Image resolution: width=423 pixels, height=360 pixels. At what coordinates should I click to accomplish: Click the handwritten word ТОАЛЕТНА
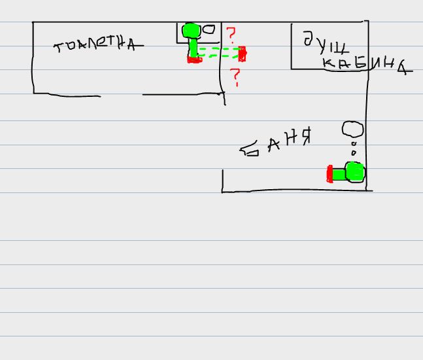[x=97, y=45]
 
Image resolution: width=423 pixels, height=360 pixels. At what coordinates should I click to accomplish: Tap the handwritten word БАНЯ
[x=275, y=143]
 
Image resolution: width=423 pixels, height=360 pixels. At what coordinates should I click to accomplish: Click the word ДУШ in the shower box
[x=324, y=43]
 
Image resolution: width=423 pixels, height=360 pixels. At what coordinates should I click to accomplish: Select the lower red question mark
[x=235, y=77]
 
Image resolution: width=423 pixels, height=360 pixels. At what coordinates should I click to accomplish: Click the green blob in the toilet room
[x=191, y=30]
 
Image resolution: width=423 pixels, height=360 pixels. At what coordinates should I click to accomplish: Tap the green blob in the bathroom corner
[x=354, y=172]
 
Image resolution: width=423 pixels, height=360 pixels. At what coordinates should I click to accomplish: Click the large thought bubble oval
[x=353, y=130]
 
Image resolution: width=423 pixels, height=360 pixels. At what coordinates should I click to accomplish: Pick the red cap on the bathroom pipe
[x=330, y=173]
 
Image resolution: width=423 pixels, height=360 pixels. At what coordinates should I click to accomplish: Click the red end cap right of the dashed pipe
[x=242, y=53]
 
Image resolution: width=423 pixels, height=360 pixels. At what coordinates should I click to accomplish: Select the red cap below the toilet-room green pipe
[x=194, y=60]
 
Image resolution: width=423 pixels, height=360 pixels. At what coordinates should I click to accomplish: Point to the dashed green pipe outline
[x=218, y=52]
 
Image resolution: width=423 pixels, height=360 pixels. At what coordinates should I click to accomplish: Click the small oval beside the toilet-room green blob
[x=208, y=29]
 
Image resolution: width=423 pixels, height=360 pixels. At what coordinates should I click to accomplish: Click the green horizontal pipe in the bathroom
[x=339, y=173]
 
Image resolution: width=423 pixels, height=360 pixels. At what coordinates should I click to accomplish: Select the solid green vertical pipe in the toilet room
[x=194, y=47]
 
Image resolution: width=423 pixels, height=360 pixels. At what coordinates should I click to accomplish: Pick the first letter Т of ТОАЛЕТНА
[x=59, y=48]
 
